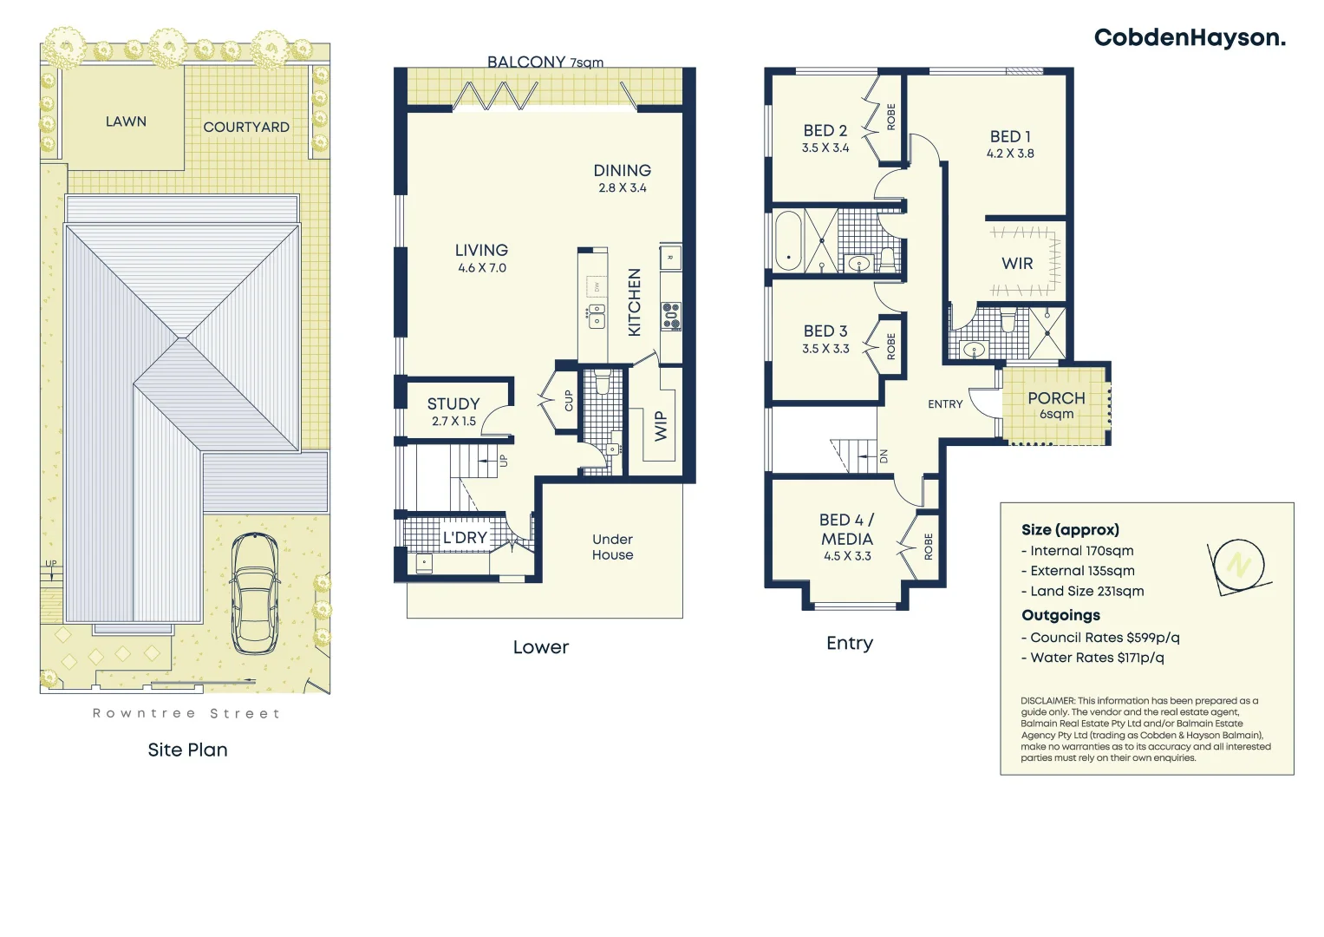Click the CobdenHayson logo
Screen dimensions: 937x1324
pyautogui.click(x=1189, y=38)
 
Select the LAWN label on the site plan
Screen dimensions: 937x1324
pyautogui.click(x=126, y=121)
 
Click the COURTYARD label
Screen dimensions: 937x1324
pyautogui.click(x=246, y=127)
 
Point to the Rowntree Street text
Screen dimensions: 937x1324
pyautogui.click(x=186, y=713)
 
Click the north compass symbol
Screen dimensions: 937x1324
pyautogui.click(x=1238, y=566)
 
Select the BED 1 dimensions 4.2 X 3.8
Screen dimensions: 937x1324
pyautogui.click(x=1010, y=154)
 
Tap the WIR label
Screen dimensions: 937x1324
pyautogui.click(x=1017, y=264)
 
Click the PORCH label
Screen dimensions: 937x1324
pyautogui.click(x=1056, y=398)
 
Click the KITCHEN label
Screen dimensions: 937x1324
pyautogui.click(x=635, y=302)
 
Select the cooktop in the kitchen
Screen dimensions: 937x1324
pyautogui.click(x=671, y=316)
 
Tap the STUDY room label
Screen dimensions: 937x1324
pyautogui.click(x=453, y=403)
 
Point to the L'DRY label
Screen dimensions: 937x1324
pyautogui.click(x=465, y=538)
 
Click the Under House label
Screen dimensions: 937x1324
pyautogui.click(x=612, y=547)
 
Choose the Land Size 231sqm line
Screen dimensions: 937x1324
pyautogui.click(x=1086, y=591)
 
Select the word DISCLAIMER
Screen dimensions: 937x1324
pyautogui.click(x=1047, y=700)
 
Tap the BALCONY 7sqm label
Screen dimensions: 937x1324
pyautogui.click(x=545, y=62)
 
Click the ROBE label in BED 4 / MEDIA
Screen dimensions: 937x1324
pyautogui.click(x=929, y=547)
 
